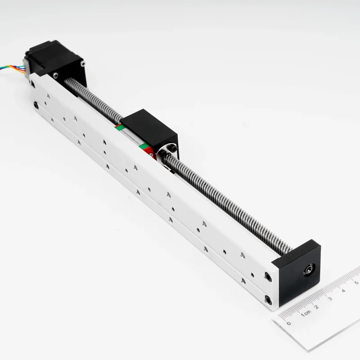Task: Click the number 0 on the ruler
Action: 288,323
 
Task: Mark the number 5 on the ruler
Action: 356,283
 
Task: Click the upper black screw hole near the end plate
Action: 268,275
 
